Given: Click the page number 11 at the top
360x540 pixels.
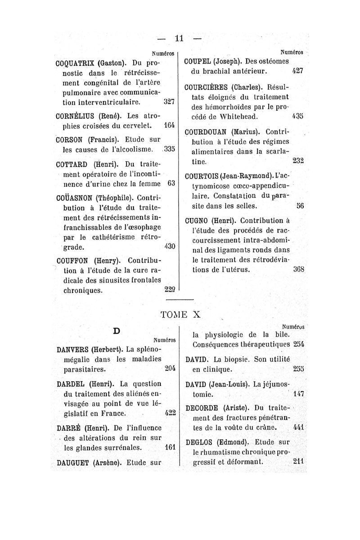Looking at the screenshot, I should coord(180,39).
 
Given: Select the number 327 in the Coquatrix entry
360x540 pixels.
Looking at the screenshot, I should coord(169,102).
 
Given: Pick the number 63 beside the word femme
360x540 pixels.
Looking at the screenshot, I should coord(171,184).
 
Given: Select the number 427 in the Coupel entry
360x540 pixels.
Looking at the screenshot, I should coord(297,71).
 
